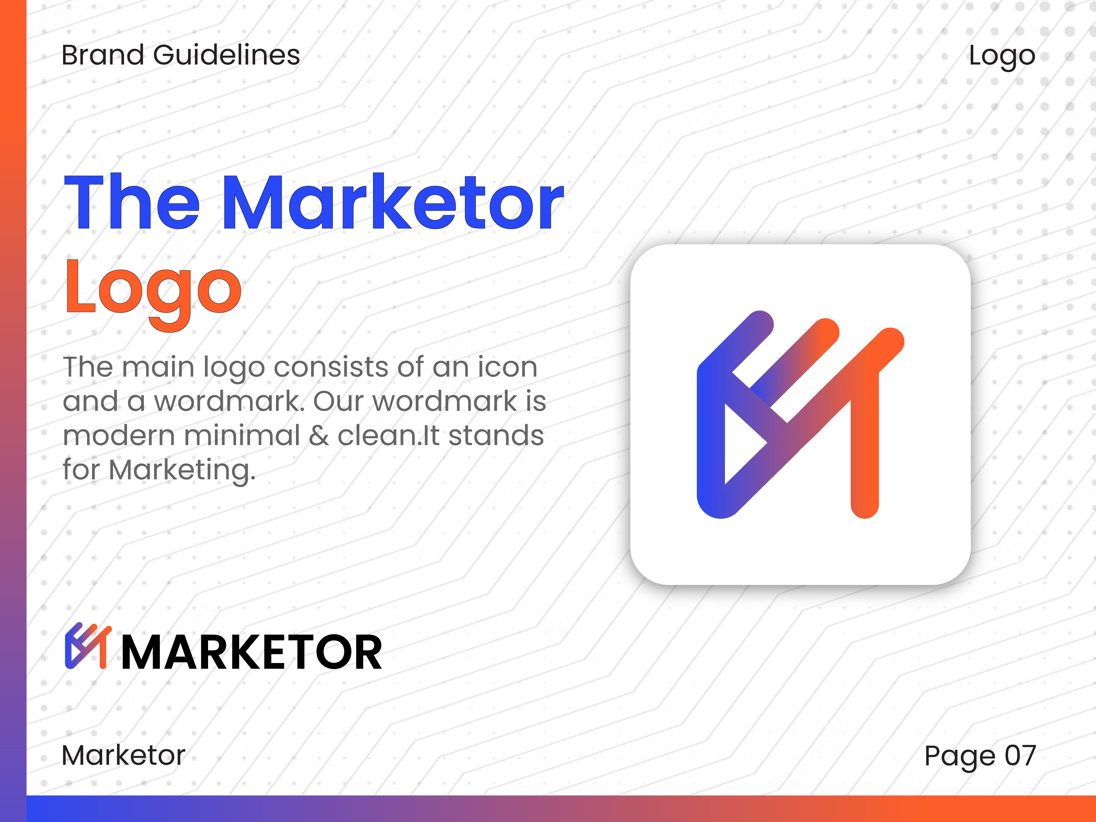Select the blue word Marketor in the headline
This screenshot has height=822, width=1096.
(393, 202)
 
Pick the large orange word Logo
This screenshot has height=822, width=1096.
(153, 294)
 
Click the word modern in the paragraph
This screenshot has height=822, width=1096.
(119, 436)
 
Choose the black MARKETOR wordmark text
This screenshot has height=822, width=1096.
(252, 652)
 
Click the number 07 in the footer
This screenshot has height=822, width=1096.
(1020, 755)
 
